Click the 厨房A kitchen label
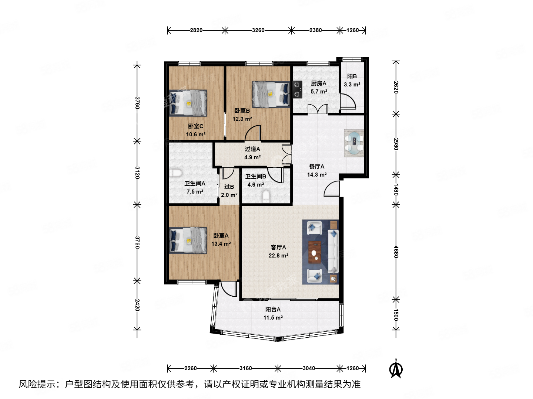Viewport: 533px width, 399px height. point(319,83)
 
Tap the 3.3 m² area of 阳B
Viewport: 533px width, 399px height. point(352,85)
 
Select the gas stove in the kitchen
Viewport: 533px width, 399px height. point(298,89)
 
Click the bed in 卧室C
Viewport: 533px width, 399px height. point(188,103)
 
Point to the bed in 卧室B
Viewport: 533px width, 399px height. point(271,94)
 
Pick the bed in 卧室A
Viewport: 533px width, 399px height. point(188,240)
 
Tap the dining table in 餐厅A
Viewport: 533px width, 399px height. point(354,143)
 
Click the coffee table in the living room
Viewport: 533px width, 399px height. point(315,252)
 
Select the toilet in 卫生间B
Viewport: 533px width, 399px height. point(266,196)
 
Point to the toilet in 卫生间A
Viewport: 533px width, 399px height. point(175,173)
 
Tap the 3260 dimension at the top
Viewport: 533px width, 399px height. point(258,30)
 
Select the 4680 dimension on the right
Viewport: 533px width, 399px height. point(396,252)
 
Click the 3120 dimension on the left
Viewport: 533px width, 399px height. point(137,173)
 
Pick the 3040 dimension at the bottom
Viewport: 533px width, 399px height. point(309,368)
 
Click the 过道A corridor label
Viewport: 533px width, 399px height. point(252,149)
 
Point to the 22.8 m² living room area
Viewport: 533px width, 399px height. point(278,256)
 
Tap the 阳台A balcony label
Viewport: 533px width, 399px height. point(273,309)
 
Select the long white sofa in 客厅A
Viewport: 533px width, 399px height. point(333,251)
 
